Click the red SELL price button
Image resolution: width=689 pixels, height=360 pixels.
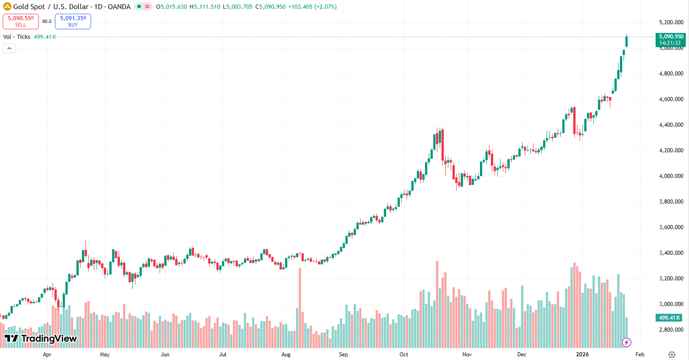[21, 21]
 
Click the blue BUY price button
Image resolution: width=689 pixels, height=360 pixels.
[73, 21]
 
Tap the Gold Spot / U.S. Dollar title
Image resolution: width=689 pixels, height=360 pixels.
[51, 7]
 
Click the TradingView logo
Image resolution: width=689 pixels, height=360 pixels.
[41, 339]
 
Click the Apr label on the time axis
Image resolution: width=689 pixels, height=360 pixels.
[47, 355]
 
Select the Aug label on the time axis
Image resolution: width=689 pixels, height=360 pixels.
[286, 355]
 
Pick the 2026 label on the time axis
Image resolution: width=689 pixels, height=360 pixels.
[582, 355]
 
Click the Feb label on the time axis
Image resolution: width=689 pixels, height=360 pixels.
[640, 355]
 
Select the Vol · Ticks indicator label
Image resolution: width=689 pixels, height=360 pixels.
[16, 37]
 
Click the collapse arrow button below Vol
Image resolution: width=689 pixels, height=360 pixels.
[9, 48]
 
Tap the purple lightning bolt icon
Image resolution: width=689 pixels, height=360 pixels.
[627, 342]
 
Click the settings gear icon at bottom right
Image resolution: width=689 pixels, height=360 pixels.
[672, 355]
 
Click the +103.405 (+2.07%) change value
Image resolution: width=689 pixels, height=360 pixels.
[312, 7]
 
